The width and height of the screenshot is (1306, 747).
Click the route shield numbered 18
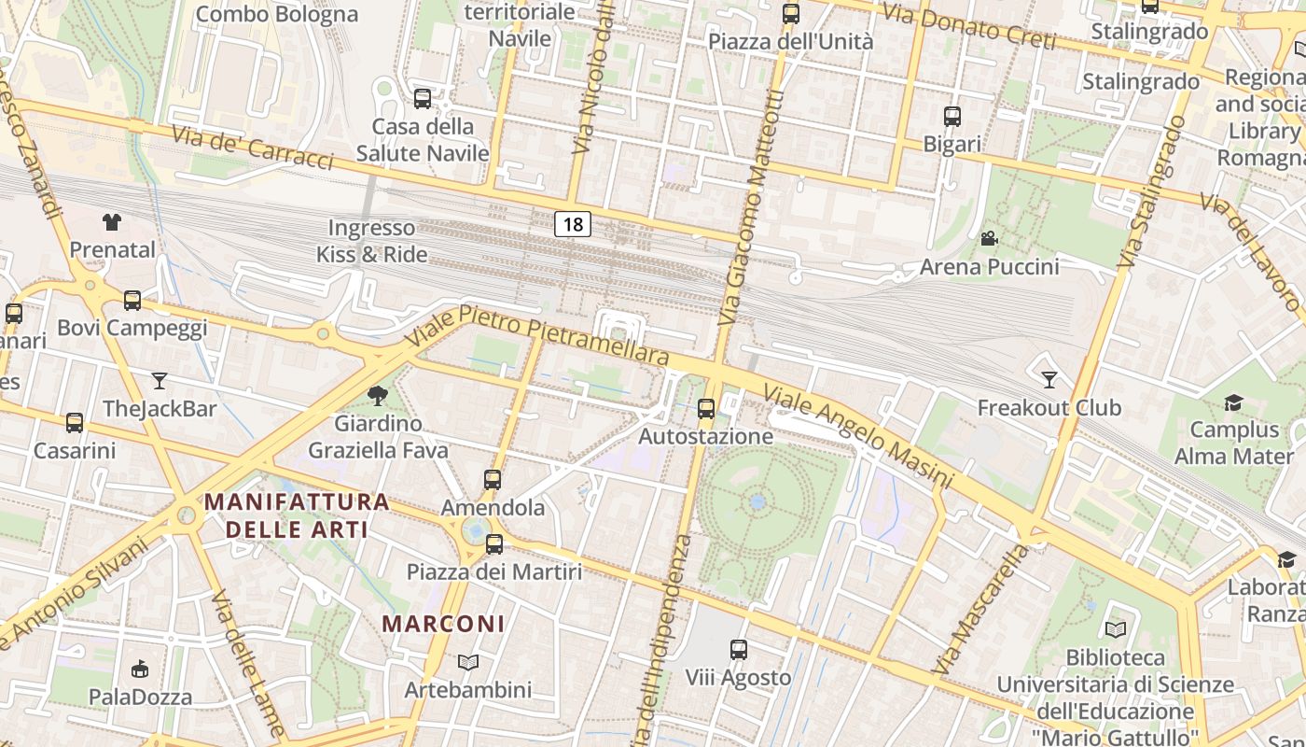click(573, 224)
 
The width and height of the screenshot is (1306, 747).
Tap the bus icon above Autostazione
click(706, 408)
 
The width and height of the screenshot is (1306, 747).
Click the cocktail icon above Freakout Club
click(1049, 379)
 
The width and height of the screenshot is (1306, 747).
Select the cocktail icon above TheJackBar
click(160, 380)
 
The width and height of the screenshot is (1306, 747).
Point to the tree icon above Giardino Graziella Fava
click(378, 396)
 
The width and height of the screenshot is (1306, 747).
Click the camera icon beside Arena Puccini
click(989, 239)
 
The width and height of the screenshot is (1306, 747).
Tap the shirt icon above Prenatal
click(112, 221)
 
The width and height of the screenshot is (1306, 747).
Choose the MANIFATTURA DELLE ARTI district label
click(297, 515)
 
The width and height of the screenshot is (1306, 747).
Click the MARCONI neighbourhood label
click(444, 623)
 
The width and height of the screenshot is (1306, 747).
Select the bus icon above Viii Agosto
click(739, 649)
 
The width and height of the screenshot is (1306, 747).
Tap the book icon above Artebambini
click(468, 662)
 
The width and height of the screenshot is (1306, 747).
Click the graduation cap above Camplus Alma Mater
click(1233, 402)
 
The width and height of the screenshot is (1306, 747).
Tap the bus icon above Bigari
click(952, 117)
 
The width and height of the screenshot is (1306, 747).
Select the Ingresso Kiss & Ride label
click(371, 241)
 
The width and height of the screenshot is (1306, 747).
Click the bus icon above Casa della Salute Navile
click(423, 98)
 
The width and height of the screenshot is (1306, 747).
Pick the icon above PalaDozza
click(140, 669)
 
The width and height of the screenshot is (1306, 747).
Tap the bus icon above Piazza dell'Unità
click(791, 14)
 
